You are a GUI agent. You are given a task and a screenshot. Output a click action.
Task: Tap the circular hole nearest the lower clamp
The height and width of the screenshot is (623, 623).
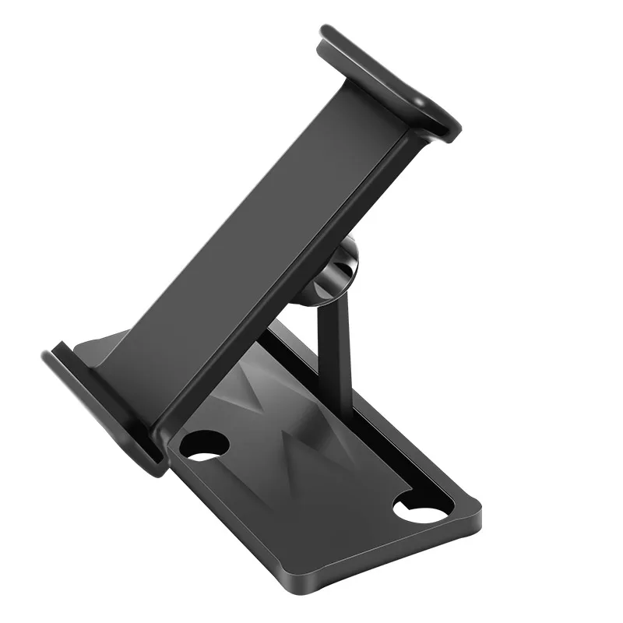pos(204,445)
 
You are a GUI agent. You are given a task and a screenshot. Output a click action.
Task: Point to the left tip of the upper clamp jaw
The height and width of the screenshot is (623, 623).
pos(327,35)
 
